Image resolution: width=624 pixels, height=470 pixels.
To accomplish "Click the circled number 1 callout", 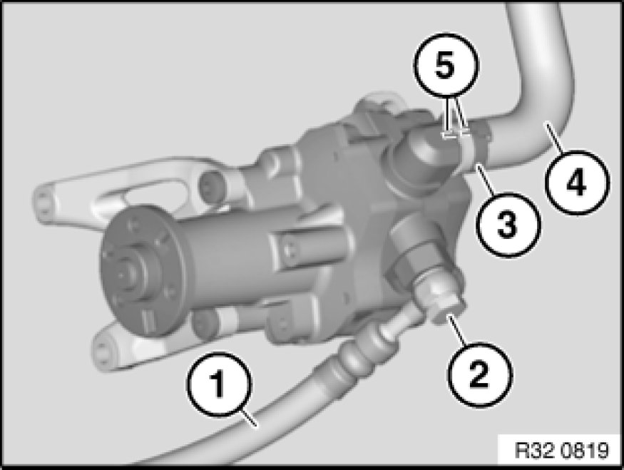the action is (x=219, y=384).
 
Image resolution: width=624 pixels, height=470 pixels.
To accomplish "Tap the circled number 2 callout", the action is (x=481, y=375).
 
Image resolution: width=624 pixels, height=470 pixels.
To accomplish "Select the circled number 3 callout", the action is (x=508, y=225).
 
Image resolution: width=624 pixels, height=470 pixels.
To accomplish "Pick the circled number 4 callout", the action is (x=577, y=183).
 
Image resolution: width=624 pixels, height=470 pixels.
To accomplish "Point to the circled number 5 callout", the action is (x=446, y=66).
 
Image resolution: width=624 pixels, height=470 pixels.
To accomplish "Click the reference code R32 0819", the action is (x=562, y=450).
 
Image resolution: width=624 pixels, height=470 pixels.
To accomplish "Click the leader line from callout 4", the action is (x=554, y=138).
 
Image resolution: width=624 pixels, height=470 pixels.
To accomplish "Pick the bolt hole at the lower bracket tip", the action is (x=104, y=350).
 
